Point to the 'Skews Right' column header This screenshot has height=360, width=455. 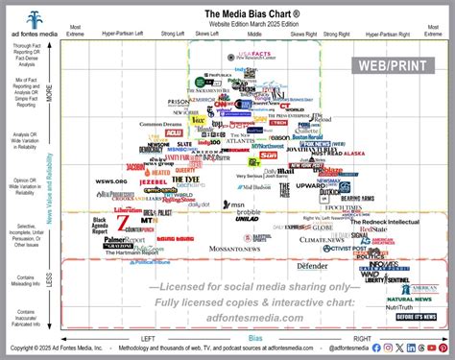coord(303,33)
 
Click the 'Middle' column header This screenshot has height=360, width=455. coord(254,33)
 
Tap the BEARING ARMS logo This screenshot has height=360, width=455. coord(356,199)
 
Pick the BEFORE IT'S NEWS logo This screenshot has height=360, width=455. coord(415,316)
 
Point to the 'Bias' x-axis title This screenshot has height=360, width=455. coord(255,338)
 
